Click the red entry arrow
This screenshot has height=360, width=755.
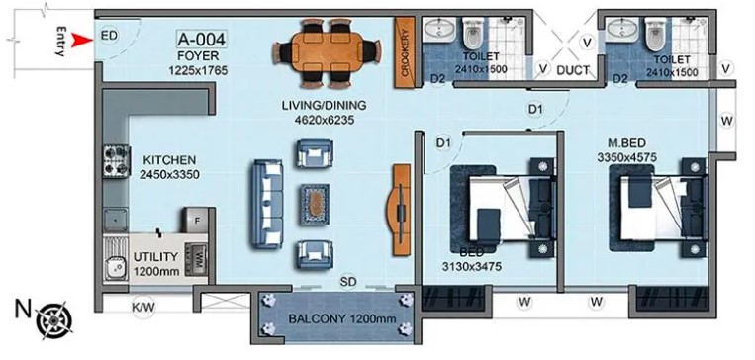point(82,40)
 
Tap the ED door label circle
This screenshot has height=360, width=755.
point(109,36)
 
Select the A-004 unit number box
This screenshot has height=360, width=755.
point(202,39)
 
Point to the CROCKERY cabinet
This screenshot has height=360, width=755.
point(405,53)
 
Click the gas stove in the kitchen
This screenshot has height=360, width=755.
point(116,161)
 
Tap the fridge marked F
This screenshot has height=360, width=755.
point(195,220)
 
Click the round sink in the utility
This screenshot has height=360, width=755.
point(116,266)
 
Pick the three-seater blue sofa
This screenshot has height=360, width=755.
point(266,204)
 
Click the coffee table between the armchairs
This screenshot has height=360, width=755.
point(315,204)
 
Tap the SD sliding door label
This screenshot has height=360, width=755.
point(348,282)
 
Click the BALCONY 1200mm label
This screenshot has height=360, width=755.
point(342,318)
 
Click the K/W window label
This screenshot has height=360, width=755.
point(143,307)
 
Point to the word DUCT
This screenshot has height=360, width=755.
point(573,71)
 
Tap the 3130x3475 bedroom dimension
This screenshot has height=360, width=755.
point(472,266)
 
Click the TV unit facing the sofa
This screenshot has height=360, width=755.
point(401,210)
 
